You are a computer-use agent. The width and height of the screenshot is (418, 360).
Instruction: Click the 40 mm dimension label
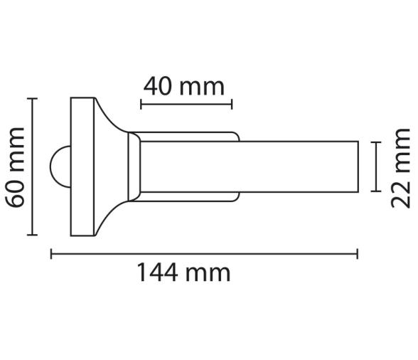[183, 87]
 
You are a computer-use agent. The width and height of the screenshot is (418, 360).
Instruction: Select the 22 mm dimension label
[402, 166]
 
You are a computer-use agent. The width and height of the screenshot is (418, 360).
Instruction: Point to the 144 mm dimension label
[183, 272]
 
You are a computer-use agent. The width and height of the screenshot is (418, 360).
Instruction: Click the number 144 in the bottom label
[161, 272]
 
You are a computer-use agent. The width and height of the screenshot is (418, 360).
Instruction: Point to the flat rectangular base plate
[82, 166]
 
